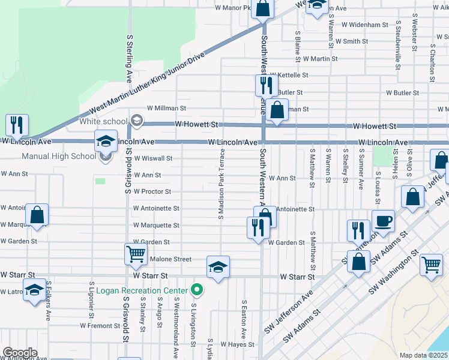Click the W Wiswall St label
153,158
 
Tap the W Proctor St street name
152,191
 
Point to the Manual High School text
58,157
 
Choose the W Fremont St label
100,326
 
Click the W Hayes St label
237,344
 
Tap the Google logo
20,352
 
